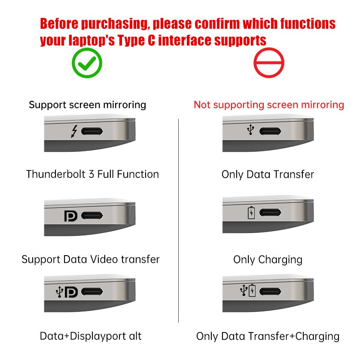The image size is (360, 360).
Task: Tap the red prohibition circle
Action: pyautogui.click(x=269, y=49)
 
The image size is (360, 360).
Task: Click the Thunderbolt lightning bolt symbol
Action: pyautogui.click(x=74, y=131)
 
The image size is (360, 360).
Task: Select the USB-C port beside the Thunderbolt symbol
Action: pyautogui.click(x=92, y=131)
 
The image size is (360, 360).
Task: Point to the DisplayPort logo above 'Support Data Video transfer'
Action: pyautogui.click(x=71, y=216)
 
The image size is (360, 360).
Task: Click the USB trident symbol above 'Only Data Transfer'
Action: pyautogui.click(x=250, y=129)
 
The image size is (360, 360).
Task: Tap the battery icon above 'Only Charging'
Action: pyautogui.click(x=251, y=213)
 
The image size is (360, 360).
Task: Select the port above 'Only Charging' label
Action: pyautogui.click(x=271, y=212)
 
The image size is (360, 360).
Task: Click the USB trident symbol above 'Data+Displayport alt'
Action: pyautogui.click(x=59, y=292)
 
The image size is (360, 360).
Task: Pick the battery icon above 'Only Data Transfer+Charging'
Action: pyautogui.click(x=252, y=290)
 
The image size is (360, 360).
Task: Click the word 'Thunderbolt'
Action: pyautogui.click(x=56, y=174)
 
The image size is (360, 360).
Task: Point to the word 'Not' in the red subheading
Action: pyautogui.click(x=202, y=105)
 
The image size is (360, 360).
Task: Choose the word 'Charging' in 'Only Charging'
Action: pyautogui.click(x=281, y=260)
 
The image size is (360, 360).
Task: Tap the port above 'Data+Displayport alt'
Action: pyautogui.click(x=92, y=292)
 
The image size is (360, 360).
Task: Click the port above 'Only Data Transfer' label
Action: pyautogui.click(x=271, y=131)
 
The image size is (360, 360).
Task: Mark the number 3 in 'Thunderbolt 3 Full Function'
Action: pyautogui.click(x=92, y=174)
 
